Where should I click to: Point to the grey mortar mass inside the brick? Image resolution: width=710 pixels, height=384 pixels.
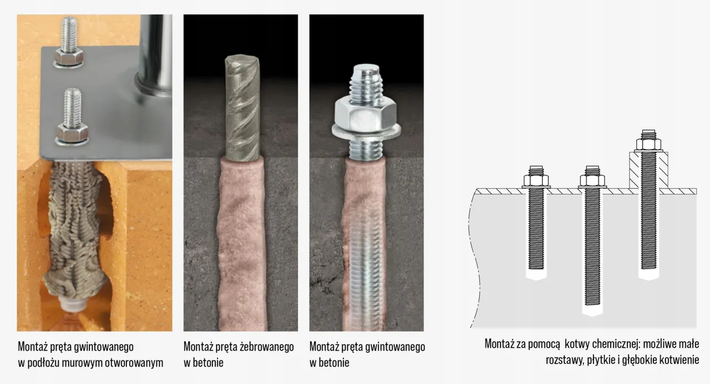click(78, 222)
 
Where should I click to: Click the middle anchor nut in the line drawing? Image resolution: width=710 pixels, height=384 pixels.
click(592, 180)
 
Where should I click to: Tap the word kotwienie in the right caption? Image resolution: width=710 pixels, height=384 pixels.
click(678, 360)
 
